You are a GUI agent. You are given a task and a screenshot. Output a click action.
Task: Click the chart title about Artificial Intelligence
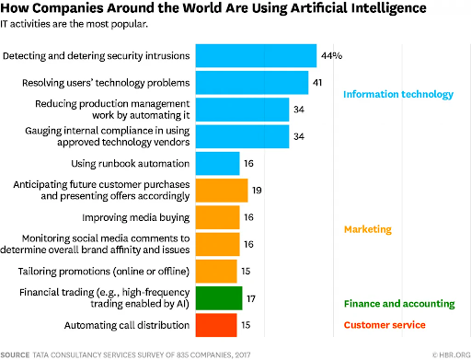coord(221,9)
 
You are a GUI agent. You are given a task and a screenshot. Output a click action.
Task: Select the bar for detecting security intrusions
coord(257,56)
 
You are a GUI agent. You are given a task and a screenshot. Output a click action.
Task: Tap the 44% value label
coord(332,56)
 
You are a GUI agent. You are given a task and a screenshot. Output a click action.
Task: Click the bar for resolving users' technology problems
coord(253,83)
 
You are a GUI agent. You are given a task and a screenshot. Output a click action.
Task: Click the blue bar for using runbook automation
coord(219,164)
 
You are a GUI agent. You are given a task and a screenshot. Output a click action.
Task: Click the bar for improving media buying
coord(219,217)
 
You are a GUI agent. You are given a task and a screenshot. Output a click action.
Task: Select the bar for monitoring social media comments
coord(219,244)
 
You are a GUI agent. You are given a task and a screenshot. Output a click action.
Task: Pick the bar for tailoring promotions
coord(217,271)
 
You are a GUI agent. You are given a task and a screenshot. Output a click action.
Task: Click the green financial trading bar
coord(220,297)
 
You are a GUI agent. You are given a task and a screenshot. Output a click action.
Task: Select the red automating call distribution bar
coord(217,324)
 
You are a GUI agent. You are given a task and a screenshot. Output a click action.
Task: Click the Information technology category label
coord(398,95)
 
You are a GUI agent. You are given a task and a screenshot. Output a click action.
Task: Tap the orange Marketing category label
coord(369,229)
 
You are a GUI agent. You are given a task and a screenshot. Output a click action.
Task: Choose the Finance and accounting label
coord(398,303)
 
